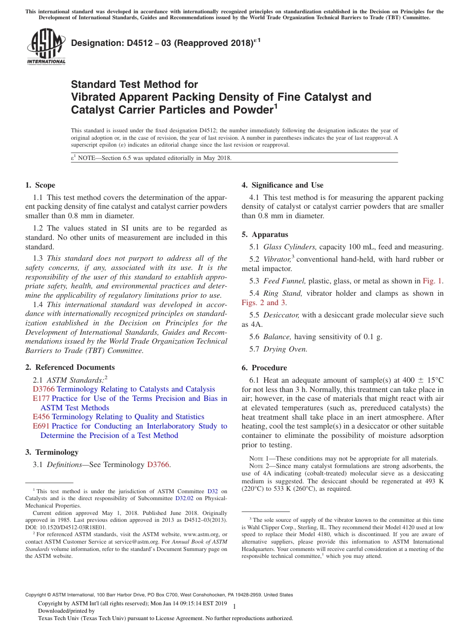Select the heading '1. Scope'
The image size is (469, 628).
click(x=40, y=185)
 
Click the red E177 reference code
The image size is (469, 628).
click(x=41, y=398)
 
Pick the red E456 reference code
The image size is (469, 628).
click(x=41, y=417)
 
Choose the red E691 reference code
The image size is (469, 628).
click(x=41, y=426)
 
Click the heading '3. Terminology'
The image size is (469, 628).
click(x=51, y=452)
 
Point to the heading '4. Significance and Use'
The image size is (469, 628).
click(x=282, y=185)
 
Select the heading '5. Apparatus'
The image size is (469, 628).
click(x=265, y=235)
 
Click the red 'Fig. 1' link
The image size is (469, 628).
click(x=432, y=281)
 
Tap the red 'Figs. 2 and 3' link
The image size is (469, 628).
click(x=264, y=303)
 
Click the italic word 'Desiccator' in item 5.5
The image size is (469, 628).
click(x=281, y=315)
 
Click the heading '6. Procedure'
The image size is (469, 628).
click(x=264, y=368)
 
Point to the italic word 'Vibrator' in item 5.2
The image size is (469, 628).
click(x=277, y=259)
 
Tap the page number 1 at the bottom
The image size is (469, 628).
click(x=234, y=606)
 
